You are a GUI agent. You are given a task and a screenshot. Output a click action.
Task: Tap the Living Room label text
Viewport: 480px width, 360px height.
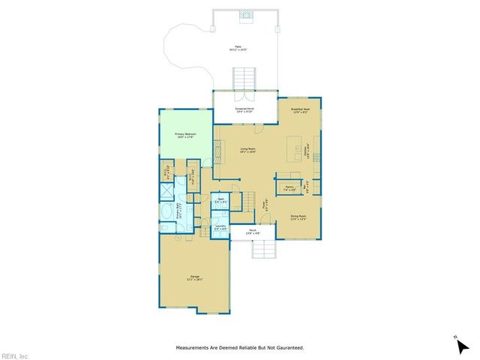(x=247, y=150)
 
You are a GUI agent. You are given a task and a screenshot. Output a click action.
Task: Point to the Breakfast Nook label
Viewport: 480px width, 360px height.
(x=301, y=111)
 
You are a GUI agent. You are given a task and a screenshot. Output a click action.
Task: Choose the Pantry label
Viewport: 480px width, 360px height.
(x=289, y=188)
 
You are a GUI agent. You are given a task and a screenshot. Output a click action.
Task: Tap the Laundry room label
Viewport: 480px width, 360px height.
(x=220, y=227)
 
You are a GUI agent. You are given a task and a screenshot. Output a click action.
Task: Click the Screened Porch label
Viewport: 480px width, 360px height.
(x=245, y=110)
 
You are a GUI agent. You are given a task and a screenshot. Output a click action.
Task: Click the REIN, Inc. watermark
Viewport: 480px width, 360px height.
(x=15, y=355)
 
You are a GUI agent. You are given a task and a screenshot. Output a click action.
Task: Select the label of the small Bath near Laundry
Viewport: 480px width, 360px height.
(x=220, y=200)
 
